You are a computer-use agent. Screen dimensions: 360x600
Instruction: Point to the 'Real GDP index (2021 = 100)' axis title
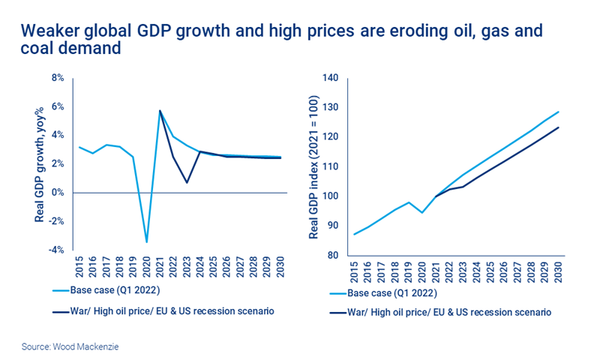pos(314,167)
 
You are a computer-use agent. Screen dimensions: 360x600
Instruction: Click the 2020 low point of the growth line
pos(146,241)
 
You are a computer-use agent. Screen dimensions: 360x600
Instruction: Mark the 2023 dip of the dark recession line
pos(187,182)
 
